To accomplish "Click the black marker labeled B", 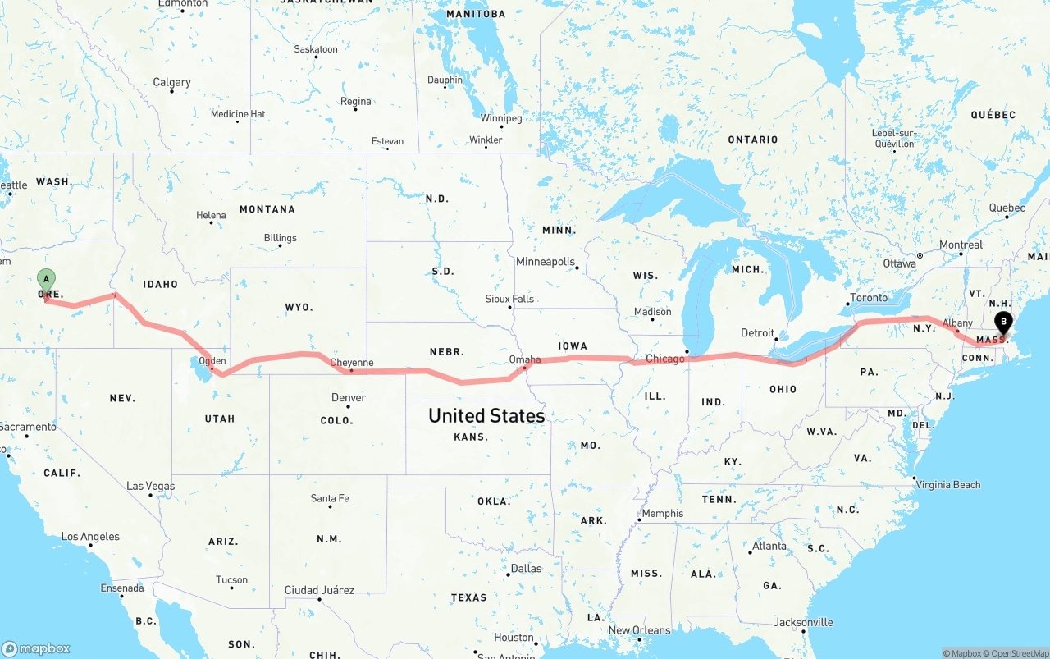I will click(1002, 323).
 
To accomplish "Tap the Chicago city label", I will click(664, 359).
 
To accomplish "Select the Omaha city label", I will click(525, 359).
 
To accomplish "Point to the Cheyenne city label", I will click(351, 363).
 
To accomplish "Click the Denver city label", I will click(349, 398).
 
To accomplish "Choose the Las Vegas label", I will click(150, 486).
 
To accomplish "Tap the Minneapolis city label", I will click(545, 262).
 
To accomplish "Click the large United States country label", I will click(486, 416).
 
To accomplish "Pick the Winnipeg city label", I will click(500, 118).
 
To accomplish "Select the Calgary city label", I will click(171, 82).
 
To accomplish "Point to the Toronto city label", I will click(869, 298).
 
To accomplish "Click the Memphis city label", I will click(662, 514).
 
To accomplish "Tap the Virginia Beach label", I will click(949, 485).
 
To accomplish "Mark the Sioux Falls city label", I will click(509, 299).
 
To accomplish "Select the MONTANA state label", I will click(267, 209).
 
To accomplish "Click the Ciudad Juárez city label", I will click(319, 590).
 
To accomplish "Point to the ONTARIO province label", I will click(753, 140).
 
